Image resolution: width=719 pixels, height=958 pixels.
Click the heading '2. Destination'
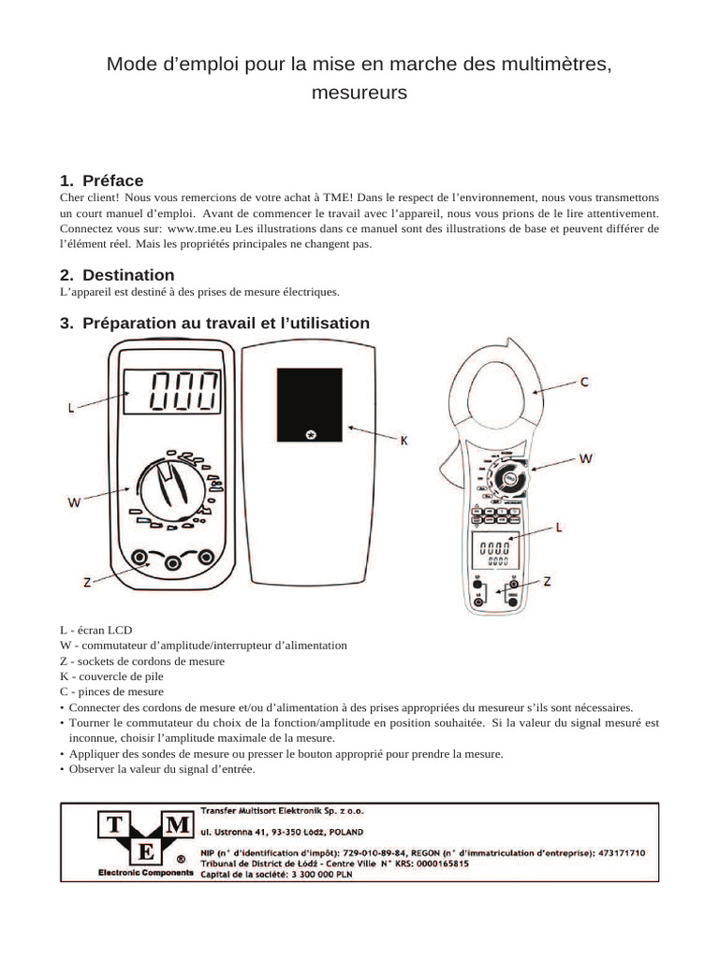(116, 275)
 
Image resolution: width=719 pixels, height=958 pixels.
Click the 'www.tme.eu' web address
(199, 228)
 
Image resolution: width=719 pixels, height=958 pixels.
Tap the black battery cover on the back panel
(310, 404)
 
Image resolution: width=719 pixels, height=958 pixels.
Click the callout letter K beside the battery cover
(405, 439)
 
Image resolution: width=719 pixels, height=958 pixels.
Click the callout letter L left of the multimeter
(71, 408)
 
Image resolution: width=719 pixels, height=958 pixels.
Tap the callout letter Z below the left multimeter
(86, 581)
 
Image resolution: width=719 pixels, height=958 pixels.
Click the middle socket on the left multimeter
(173, 561)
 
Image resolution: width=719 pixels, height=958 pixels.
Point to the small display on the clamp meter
(493, 552)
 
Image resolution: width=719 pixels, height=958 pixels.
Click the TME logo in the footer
(142, 839)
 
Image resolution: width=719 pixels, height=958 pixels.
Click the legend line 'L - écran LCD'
(94, 631)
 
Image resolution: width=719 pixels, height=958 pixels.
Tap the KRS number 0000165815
(433, 863)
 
